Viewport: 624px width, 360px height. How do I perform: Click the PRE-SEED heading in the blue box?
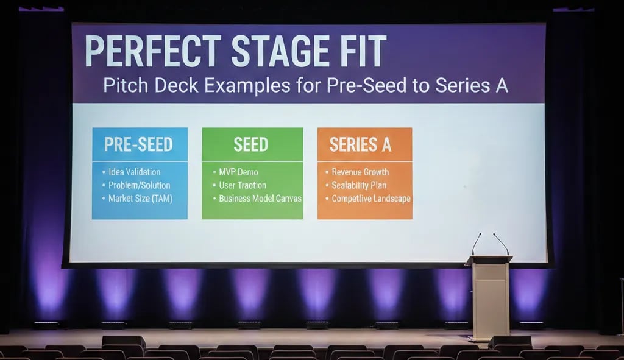(x=139, y=144)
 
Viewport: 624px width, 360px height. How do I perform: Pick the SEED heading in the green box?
(x=251, y=144)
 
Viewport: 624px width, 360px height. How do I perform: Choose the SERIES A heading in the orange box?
(x=360, y=144)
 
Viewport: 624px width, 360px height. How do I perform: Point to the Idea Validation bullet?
(x=134, y=172)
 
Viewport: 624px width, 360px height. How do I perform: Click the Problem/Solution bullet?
(x=139, y=185)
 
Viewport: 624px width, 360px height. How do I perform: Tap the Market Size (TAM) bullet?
(x=140, y=199)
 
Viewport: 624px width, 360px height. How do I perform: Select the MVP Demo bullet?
(x=238, y=172)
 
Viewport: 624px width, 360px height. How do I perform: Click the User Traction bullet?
(x=243, y=185)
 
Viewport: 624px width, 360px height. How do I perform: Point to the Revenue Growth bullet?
(x=360, y=172)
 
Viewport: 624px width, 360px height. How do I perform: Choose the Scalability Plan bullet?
(x=359, y=185)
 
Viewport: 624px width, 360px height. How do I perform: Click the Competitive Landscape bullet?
(x=371, y=199)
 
